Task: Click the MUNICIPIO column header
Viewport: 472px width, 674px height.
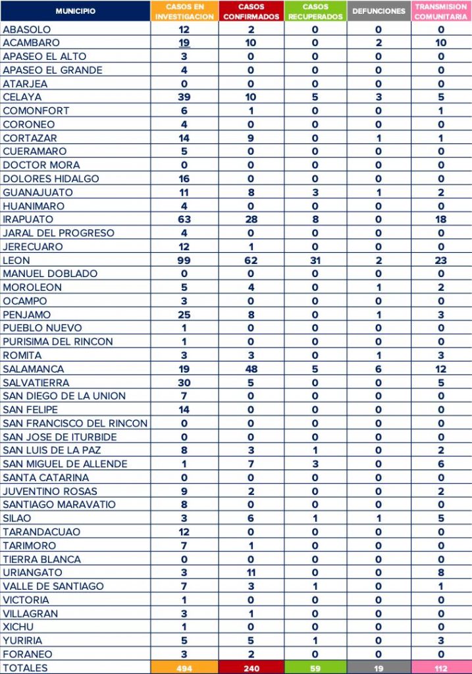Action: click(75, 11)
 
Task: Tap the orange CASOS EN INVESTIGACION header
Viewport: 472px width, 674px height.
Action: click(184, 11)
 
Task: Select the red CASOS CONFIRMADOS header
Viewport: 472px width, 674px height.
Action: click(251, 11)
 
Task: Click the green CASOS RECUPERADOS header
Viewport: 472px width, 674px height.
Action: click(315, 11)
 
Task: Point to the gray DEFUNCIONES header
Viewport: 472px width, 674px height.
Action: click(379, 11)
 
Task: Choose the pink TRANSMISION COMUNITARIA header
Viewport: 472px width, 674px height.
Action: click(441, 11)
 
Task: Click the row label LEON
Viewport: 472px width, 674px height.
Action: click(16, 260)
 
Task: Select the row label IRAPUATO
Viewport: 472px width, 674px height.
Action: click(28, 219)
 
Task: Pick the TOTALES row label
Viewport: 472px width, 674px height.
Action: click(26, 667)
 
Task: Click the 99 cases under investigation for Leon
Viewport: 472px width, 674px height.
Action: click(184, 260)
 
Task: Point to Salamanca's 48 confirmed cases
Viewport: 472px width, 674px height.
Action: click(251, 369)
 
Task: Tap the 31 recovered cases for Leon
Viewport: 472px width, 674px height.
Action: click(315, 260)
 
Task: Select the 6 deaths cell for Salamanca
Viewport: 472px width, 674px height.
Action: click(379, 369)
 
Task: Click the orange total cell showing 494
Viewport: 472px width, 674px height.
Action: click(184, 667)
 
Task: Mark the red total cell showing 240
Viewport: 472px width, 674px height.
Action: click(251, 667)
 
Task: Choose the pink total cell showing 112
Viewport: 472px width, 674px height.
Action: click(441, 667)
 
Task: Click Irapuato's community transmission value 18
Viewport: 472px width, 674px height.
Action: click(441, 219)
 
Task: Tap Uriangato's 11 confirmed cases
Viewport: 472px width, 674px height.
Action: click(251, 572)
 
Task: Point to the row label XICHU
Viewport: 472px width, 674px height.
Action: click(18, 627)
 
